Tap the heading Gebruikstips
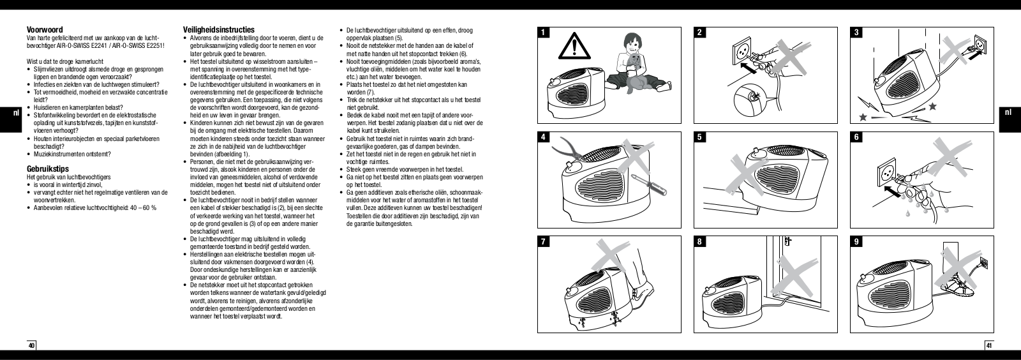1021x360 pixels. point(43,169)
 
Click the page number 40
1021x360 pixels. point(31,346)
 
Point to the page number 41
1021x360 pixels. point(989,346)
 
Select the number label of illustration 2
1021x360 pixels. point(702,33)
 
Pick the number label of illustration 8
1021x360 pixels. point(702,243)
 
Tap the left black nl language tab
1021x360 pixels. point(17,114)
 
